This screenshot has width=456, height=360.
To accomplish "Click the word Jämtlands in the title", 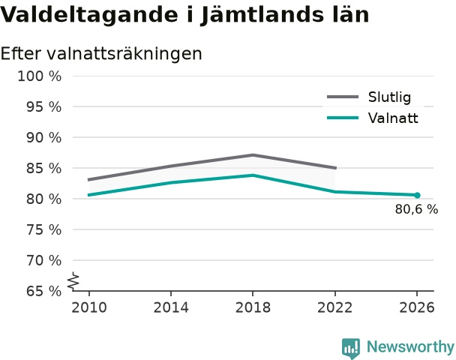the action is [262, 14].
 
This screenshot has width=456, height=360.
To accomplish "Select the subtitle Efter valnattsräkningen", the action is [101, 54].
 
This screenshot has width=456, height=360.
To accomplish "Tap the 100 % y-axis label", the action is [40, 76].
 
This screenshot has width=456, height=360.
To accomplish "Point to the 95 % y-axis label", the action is [44, 107].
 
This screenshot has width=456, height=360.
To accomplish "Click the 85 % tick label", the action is [44, 168].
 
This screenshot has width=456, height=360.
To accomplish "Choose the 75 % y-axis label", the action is [44, 230].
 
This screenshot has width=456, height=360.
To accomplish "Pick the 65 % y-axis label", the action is [44, 291].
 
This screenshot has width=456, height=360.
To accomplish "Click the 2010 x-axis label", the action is [89, 307].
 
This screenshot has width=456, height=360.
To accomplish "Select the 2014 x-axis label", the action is [171, 307].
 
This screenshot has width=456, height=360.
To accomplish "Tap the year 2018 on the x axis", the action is [253, 307].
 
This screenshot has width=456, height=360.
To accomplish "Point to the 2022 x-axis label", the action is [335, 307].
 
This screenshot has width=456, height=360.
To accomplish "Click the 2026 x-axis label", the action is [417, 307].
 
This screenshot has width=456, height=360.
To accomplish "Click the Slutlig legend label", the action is [389, 97].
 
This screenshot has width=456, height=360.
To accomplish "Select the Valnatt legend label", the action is [393, 118].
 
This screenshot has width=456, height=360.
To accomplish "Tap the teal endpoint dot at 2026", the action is [417, 196].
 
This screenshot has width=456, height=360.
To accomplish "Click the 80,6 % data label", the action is [416, 209].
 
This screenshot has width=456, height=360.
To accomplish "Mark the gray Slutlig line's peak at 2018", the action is [253, 155].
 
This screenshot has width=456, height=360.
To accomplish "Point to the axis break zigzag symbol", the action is [73, 281].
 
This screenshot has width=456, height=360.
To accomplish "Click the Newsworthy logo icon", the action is [351, 348].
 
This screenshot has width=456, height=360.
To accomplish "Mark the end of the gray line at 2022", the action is [336, 168].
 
